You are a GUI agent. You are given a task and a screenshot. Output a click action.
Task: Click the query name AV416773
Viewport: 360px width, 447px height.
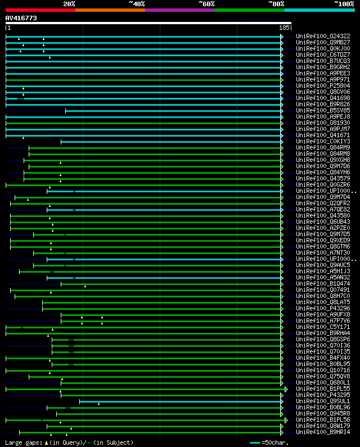pos(21,18)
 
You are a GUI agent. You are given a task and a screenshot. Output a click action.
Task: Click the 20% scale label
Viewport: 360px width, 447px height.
pos(69,4)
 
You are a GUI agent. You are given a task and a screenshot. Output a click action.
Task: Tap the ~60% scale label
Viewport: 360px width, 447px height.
pos(206,4)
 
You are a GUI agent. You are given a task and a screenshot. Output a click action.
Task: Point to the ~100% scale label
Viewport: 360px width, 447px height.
pos(344,4)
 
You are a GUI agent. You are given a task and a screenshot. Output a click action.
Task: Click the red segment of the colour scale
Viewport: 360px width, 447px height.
pos(40,10)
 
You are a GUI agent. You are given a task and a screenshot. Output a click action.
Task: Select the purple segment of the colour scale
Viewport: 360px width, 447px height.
pos(179,10)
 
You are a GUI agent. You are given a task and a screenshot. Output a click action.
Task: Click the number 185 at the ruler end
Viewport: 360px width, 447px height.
pos(283,28)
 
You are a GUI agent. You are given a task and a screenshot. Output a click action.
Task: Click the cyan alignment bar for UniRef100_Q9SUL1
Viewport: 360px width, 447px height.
pos(180,401)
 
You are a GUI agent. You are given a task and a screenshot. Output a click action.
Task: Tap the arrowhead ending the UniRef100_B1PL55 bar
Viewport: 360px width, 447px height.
pos(286,389)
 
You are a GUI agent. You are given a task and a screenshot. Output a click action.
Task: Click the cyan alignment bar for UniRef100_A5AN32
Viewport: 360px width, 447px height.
pos(169,278)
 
